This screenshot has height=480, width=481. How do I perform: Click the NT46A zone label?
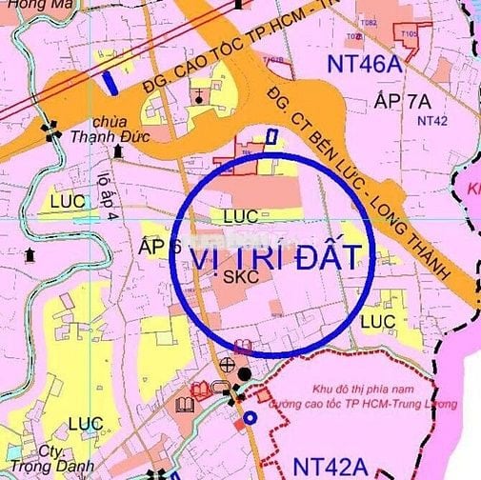click(373, 65)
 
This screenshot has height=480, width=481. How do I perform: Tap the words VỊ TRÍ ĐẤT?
click(277, 256)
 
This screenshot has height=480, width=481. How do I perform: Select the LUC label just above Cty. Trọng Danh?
click(86, 422)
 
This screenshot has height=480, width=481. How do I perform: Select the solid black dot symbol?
click(245, 374)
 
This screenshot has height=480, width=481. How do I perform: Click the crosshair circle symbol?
click(227, 364)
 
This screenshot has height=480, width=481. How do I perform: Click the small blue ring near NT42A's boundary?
click(250, 417)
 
